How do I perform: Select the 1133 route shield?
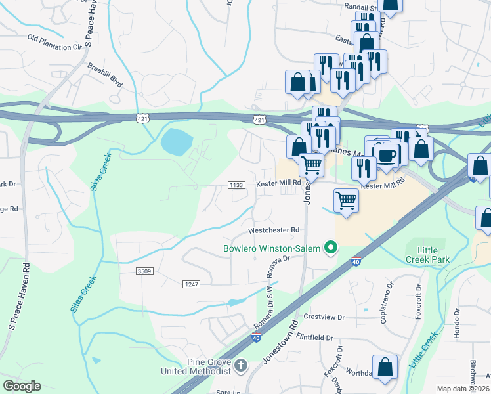pos(237,185)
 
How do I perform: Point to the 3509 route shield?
pos(144,271)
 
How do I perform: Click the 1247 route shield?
pos(190,283)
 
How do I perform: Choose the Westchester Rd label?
pos(273,230)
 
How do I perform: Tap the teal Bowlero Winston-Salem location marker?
pos(331,248)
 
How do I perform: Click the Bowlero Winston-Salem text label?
pos(271,248)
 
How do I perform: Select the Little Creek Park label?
pos(427,255)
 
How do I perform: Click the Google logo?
pos(22,386)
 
